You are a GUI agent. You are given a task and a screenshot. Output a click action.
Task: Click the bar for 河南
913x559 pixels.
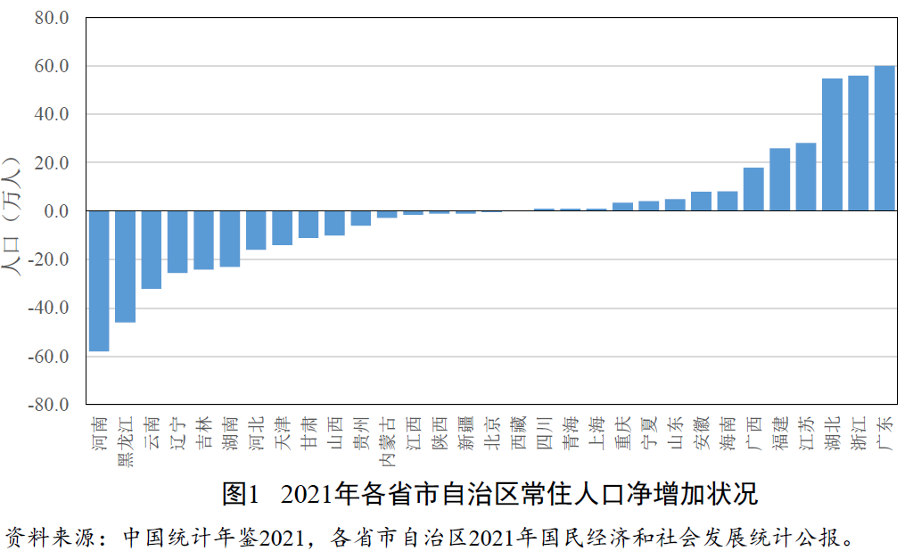click(x=99, y=281)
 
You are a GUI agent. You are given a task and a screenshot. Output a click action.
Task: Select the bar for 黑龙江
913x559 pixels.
click(x=125, y=267)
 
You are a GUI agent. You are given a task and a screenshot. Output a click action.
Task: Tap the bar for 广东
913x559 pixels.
click(x=884, y=138)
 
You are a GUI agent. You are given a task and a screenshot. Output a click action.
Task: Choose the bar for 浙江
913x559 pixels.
click(x=858, y=144)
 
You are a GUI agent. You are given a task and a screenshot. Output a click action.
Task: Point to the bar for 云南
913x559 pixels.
click(x=152, y=250)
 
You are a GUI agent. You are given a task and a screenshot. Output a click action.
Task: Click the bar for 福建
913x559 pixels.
click(x=779, y=179)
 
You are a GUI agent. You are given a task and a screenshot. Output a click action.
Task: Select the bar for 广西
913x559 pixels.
click(x=753, y=189)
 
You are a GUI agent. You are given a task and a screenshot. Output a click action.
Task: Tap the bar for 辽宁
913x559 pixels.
click(x=177, y=242)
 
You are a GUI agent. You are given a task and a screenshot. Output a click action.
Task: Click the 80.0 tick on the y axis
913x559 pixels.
click(x=51, y=18)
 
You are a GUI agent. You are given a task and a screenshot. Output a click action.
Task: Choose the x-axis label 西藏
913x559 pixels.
click(x=518, y=433)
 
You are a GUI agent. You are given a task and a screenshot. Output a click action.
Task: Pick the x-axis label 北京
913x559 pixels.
click(x=492, y=433)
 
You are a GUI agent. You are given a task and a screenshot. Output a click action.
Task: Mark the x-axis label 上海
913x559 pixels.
click(x=596, y=433)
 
